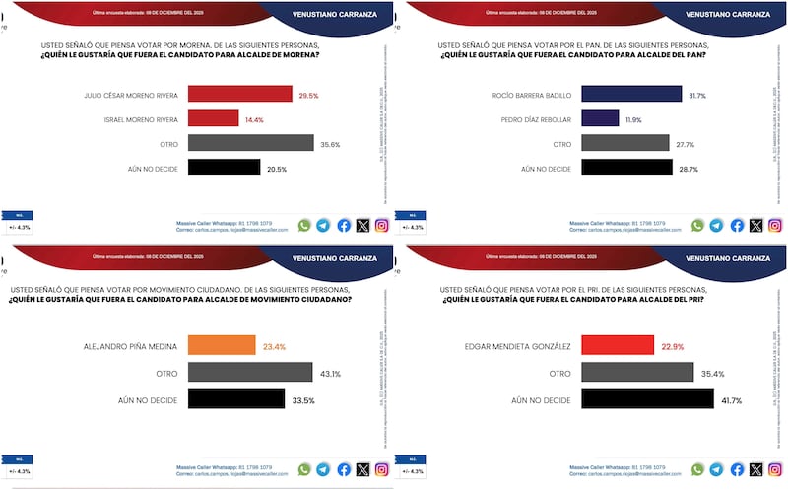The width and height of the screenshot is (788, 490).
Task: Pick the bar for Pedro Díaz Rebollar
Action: (600, 118)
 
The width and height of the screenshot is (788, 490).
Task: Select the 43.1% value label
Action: (330, 373)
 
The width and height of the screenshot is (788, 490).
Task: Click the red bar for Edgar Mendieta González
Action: (618, 346)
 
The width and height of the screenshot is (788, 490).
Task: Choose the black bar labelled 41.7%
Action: (647, 399)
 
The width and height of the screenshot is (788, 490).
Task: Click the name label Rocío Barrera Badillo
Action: (531, 95)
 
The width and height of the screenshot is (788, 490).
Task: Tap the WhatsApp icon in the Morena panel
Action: (304, 225)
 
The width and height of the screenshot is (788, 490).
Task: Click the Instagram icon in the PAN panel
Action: (775, 225)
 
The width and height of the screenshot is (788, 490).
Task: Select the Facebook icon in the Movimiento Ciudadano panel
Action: (344, 470)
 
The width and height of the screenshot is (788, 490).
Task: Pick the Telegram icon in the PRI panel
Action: (717, 470)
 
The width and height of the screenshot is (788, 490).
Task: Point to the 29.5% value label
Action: (308, 94)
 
